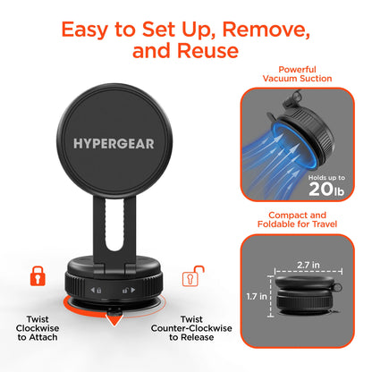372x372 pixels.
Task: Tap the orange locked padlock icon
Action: tap(37, 275)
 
